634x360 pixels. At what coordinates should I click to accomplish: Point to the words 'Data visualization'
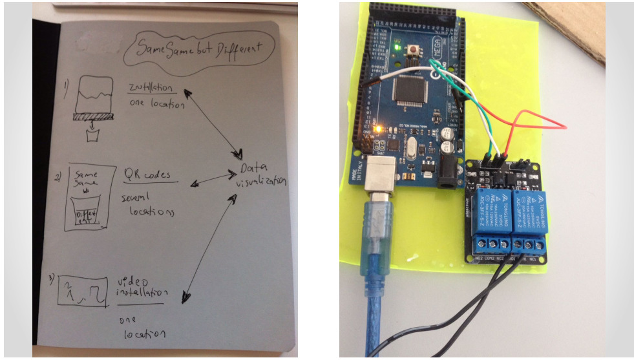[260, 175]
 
